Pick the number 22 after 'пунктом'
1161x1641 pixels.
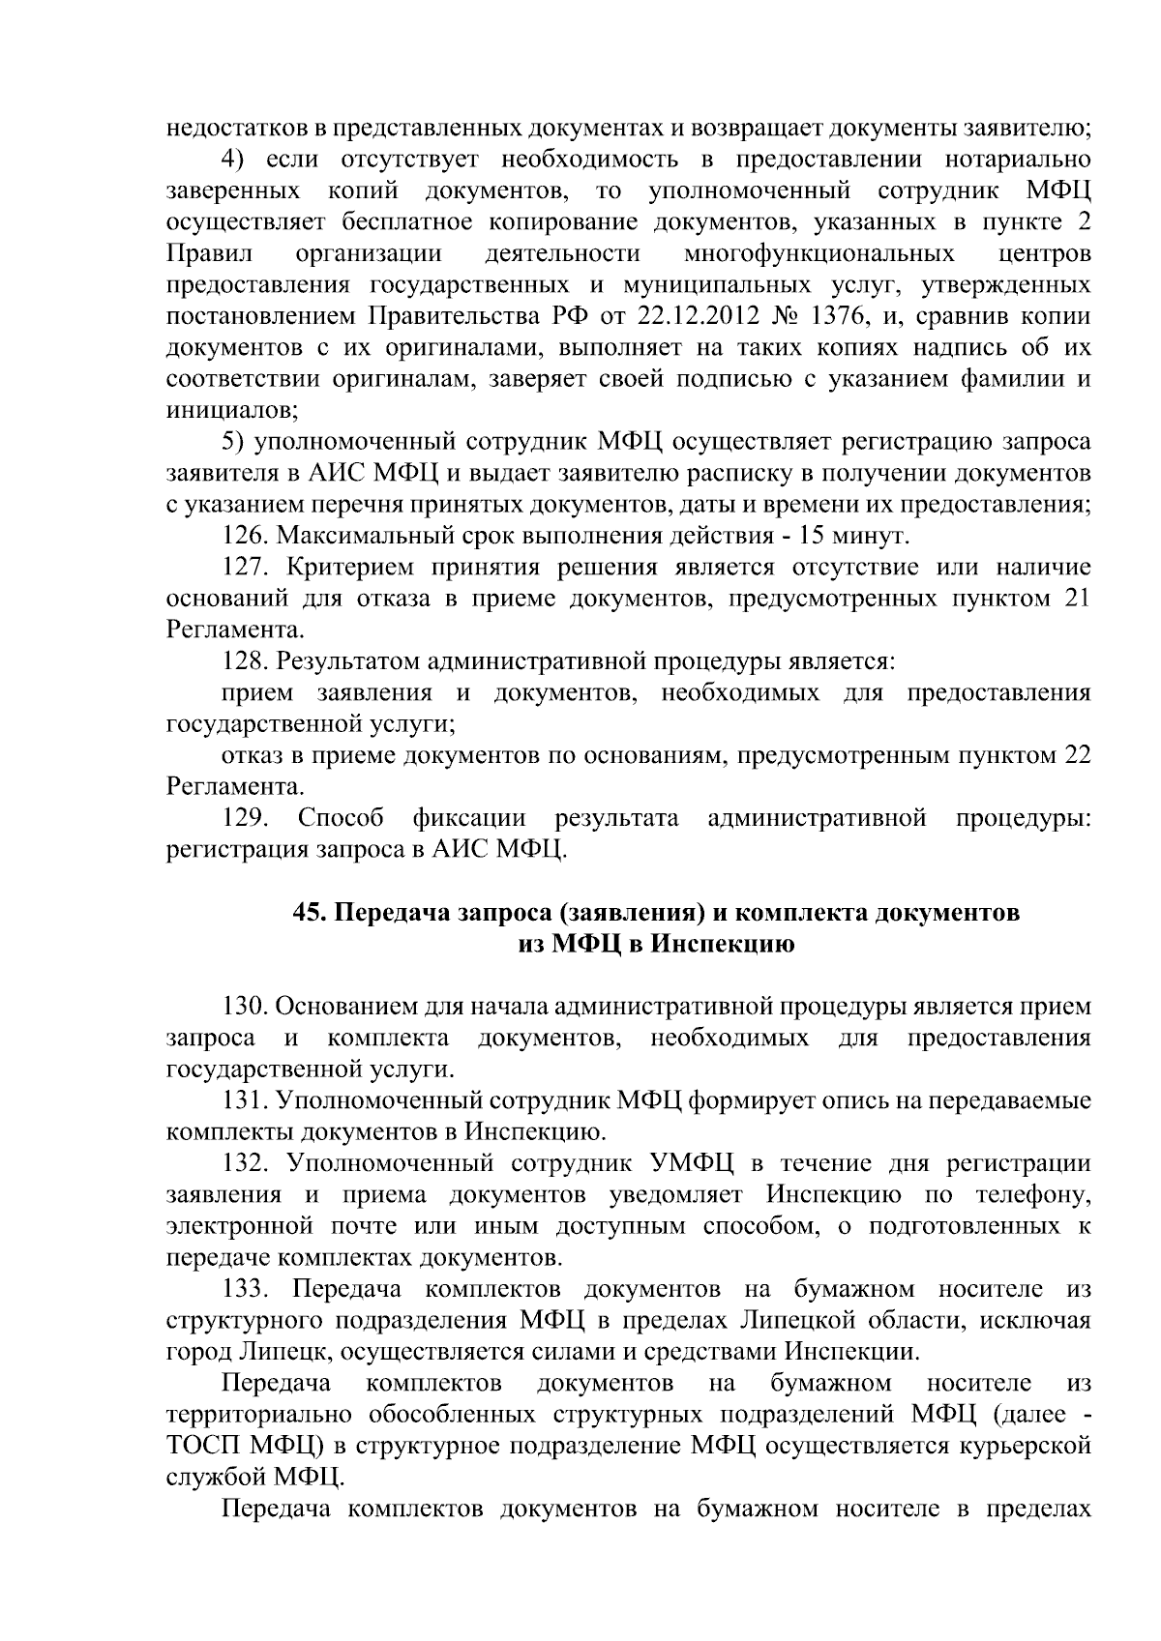[1076, 755]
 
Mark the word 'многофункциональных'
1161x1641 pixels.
[819, 254]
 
